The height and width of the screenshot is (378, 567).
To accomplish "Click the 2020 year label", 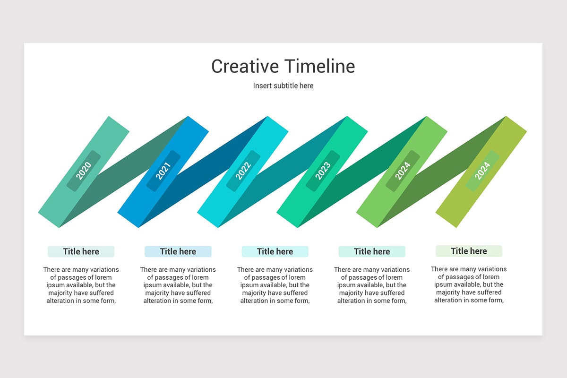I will pos(84,171).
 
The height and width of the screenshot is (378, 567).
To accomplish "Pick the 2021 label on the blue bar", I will pos(163,171).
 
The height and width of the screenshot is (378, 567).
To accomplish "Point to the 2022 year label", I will pos(243,171).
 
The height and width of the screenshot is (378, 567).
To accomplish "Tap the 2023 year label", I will pos(323,171).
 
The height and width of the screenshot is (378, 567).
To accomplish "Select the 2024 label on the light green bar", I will pos(403,171).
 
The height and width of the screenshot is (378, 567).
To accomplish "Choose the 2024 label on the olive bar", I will pos(482,171).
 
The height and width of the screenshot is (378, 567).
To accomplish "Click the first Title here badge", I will pos(81,251).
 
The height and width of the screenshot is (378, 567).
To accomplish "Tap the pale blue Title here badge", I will pos(178,251).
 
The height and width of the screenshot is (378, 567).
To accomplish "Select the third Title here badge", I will pos(275,251).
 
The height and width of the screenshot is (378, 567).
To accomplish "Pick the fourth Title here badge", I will pos(372,251).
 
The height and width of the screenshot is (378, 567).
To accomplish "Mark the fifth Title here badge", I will pos(469,251).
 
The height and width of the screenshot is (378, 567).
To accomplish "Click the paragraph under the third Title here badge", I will pos(275,285).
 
